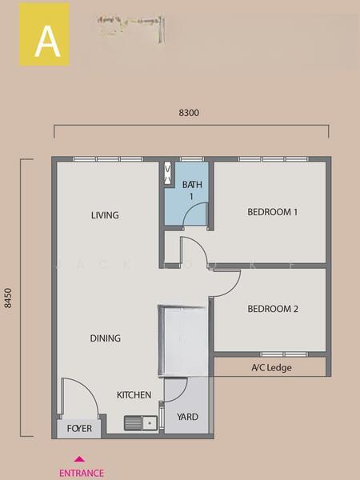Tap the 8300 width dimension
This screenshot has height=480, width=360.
pos(189,114)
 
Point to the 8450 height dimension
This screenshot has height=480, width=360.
pos(10,298)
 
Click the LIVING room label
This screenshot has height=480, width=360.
pos(105,215)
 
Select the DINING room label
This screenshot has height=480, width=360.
pos(106,338)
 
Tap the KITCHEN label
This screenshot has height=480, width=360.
pos(134,396)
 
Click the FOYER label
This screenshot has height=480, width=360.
pos(78,429)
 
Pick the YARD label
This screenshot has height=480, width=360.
pos(187,417)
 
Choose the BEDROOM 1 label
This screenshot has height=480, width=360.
pos(272,213)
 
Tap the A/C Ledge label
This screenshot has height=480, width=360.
pos(272,368)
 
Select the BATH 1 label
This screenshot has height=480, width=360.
pos(192,190)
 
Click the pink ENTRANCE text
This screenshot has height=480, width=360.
pos(81,473)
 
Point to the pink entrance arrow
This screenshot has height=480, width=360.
pos(78,459)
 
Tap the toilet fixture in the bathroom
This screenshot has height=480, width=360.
pos(168,174)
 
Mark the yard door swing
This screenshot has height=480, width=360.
pos(175,390)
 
